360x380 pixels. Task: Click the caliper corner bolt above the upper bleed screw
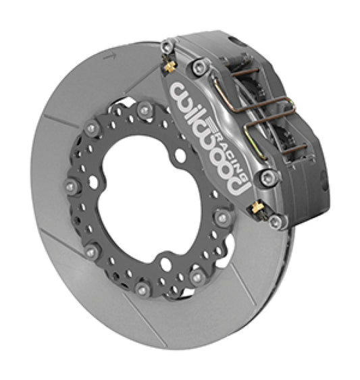click(x=168, y=45)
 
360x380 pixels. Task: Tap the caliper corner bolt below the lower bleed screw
click(x=274, y=221)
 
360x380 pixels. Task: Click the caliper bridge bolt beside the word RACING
click(x=269, y=178)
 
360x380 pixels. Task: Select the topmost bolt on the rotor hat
click(x=144, y=109)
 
